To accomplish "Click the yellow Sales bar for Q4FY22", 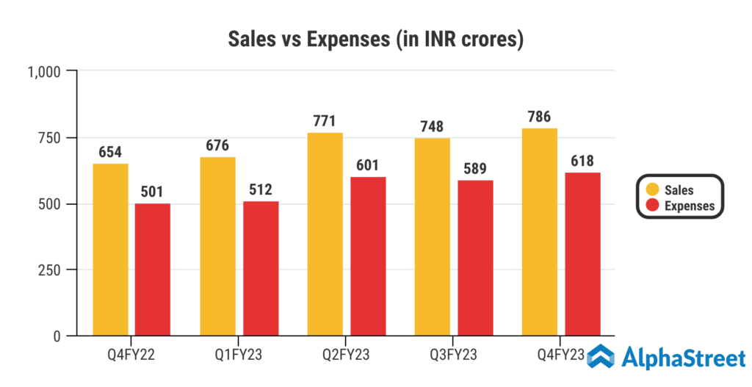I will click(110, 250).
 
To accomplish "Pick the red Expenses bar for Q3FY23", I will click(475, 258).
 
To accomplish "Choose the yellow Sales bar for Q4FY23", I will click(540, 232).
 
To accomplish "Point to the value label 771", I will click(325, 120).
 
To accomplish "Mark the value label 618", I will click(582, 160).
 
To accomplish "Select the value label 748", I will click(433, 126).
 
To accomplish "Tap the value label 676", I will click(217, 145).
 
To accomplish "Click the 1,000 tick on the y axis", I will click(47, 71).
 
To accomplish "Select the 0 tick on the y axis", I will click(64, 336).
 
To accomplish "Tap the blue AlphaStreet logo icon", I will click(604, 357).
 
